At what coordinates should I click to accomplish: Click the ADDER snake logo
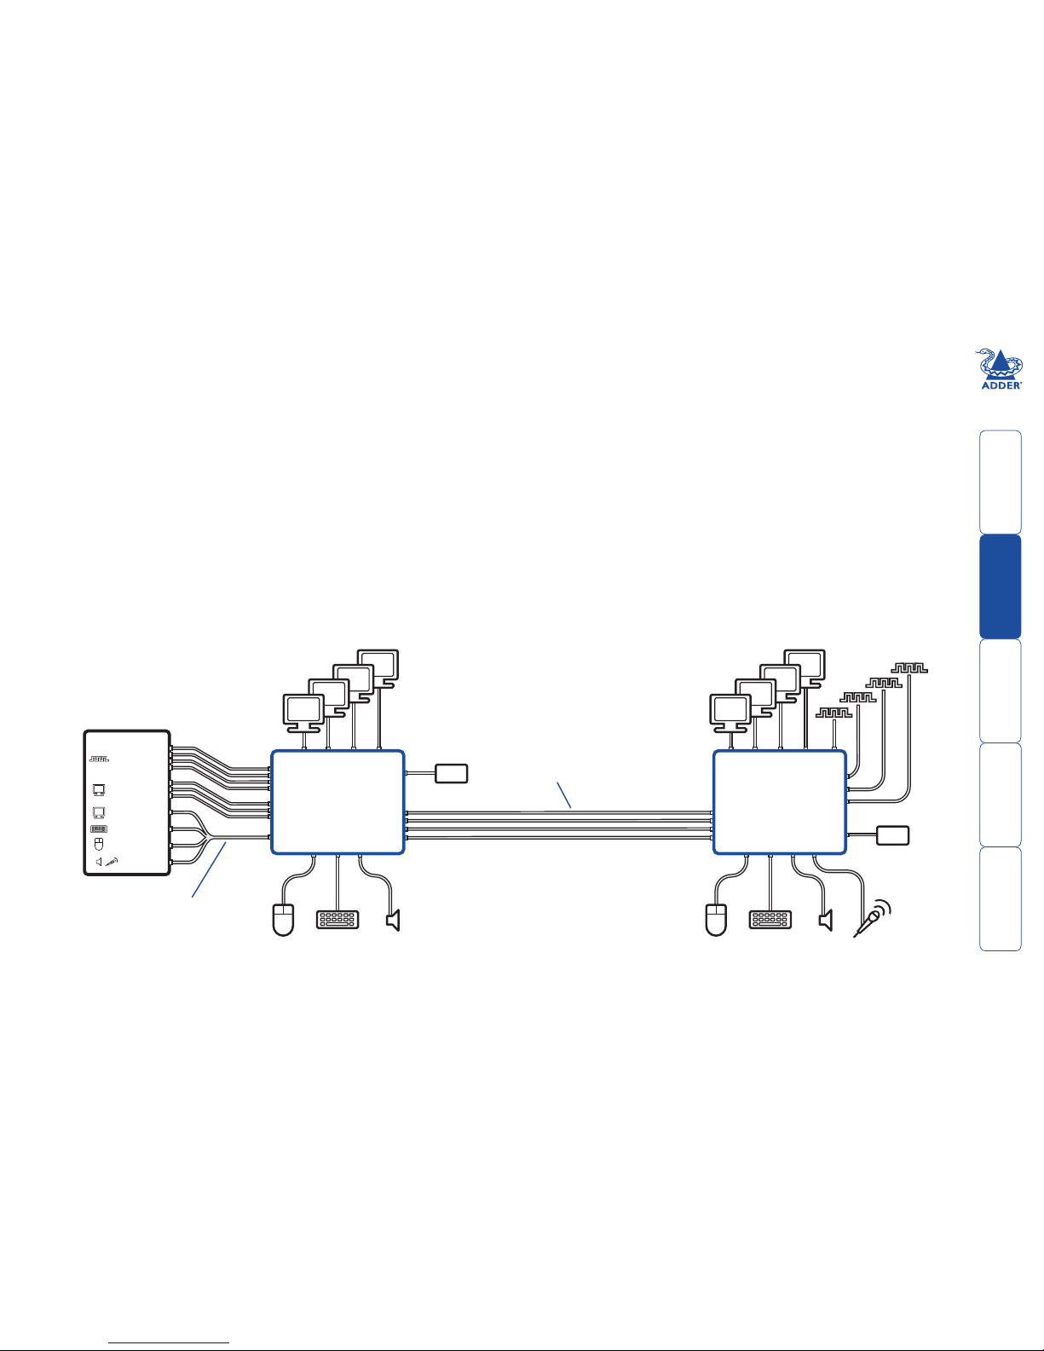[x=1001, y=368]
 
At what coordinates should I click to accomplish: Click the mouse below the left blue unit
[x=283, y=921]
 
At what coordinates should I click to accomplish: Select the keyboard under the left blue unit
[x=337, y=920]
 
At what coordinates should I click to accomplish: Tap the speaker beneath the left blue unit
[x=394, y=920]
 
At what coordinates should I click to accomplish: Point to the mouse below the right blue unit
[x=716, y=921]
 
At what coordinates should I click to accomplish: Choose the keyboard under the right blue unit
[x=770, y=920]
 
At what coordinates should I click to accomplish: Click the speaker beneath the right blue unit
[x=826, y=920]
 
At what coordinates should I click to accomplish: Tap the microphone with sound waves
[x=872, y=918]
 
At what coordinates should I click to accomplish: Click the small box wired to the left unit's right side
[x=452, y=773]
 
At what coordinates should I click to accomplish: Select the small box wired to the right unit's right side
[x=893, y=835]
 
